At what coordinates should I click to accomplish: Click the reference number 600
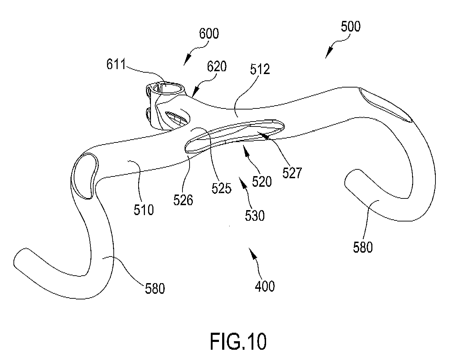[209, 34]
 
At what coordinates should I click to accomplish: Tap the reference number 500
[350, 27]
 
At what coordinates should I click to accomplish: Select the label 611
[116, 64]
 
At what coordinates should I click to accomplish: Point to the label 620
[217, 66]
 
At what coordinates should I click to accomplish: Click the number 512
[260, 69]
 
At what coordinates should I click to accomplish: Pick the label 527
[292, 173]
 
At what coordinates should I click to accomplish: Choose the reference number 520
[262, 181]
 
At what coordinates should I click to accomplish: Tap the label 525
[221, 188]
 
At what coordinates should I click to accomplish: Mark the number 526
[183, 200]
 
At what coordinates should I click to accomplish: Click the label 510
[143, 210]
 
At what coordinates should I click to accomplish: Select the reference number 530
[255, 216]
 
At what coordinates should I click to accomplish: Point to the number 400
[265, 286]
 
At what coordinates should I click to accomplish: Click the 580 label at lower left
[155, 288]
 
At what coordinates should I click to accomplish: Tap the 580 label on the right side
[363, 247]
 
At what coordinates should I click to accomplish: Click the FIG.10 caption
[238, 341]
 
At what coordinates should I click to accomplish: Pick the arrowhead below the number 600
[187, 60]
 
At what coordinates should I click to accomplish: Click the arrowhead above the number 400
[253, 254]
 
